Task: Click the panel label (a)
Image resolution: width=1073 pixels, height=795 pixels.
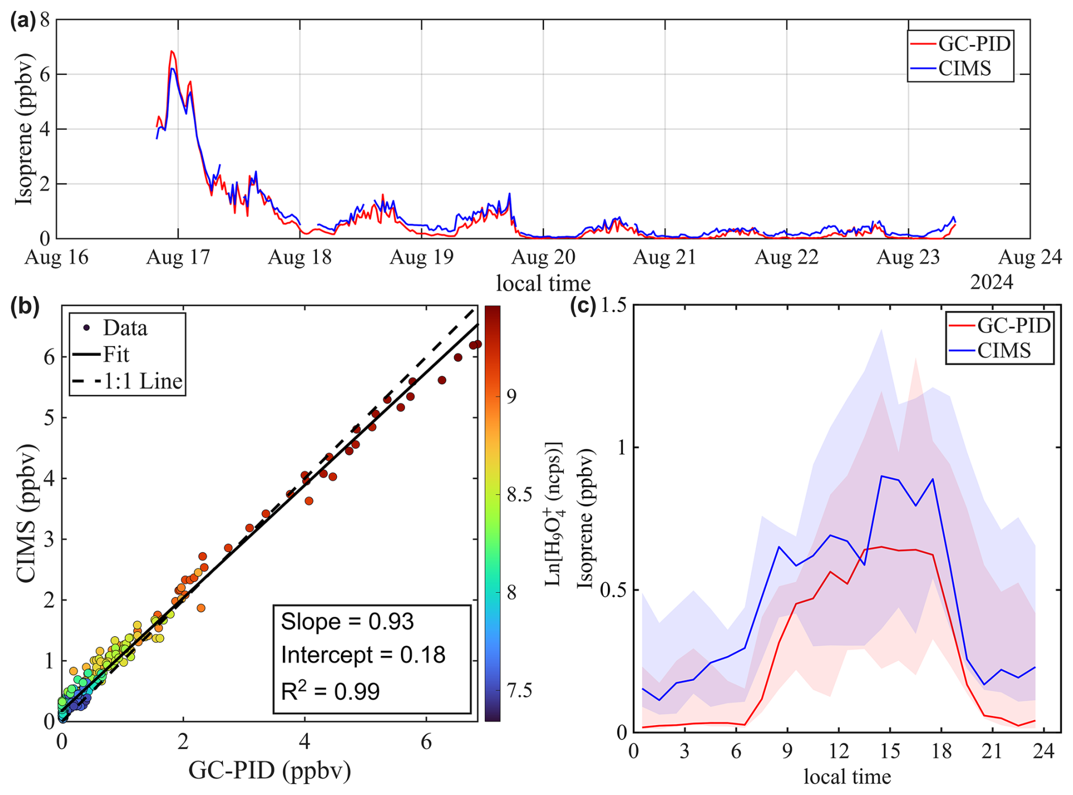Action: click(23, 21)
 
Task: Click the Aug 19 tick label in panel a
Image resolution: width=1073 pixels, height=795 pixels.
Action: click(421, 257)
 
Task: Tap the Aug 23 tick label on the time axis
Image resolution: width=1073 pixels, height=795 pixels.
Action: click(909, 257)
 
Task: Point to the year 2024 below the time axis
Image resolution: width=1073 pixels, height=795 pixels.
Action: click(991, 281)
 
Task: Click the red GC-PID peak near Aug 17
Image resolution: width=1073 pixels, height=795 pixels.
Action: click(171, 52)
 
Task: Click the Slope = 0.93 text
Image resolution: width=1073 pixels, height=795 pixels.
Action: click(347, 622)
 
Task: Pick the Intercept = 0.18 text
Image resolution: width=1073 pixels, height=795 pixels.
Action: click(363, 655)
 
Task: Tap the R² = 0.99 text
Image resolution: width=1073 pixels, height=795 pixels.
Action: click(331, 691)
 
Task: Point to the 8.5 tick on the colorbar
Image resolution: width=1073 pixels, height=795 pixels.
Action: click(519, 494)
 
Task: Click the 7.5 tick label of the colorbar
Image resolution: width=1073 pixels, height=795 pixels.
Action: click(519, 691)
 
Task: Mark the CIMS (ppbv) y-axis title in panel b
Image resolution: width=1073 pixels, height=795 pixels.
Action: click(26, 514)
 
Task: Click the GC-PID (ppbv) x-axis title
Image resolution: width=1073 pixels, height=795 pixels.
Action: click(269, 771)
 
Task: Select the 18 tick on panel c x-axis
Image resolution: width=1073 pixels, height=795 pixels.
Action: click(941, 751)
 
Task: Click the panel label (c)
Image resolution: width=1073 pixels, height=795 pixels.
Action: click(582, 306)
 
